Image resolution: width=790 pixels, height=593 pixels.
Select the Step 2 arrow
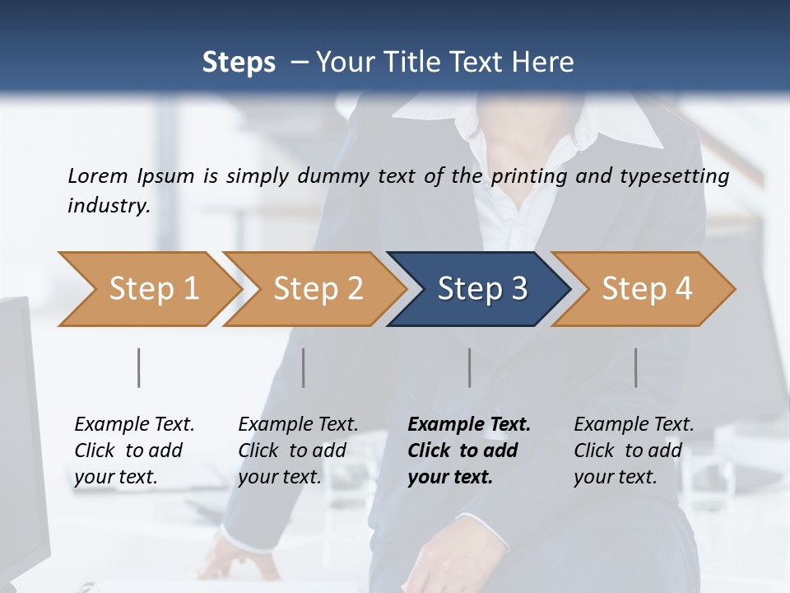[x=317, y=289]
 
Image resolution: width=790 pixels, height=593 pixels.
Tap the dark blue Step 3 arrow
[x=481, y=289]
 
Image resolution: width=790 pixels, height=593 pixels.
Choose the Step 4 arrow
[x=646, y=289]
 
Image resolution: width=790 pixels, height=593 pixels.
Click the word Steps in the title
[x=239, y=63]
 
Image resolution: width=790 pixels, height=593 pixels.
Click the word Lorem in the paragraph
[x=97, y=176]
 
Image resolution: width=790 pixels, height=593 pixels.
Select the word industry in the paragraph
[x=108, y=206]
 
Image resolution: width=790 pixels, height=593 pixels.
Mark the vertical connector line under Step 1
[x=138, y=367]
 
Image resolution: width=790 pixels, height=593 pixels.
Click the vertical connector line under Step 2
[x=304, y=367]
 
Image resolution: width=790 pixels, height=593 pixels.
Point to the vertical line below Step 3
[x=469, y=367]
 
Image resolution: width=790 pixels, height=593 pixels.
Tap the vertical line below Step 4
[x=635, y=367]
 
